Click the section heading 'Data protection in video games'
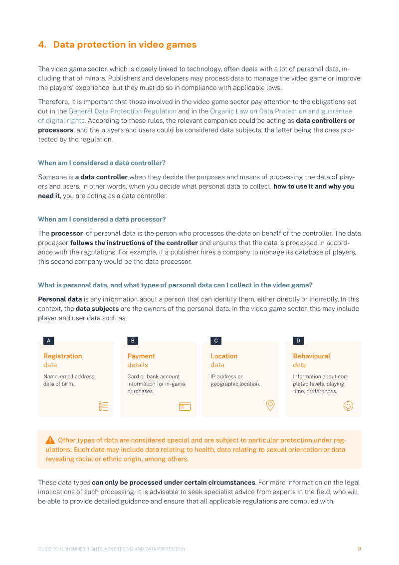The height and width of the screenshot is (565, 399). (125, 44)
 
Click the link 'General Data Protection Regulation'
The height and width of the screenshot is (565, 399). (122, 111)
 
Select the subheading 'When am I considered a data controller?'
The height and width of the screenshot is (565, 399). (102, 163)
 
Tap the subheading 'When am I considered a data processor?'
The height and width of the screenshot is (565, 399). (102, 219)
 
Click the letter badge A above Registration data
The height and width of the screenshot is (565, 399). (48, 341)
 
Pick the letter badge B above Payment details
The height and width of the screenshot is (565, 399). (133, 341)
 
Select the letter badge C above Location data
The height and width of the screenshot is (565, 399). (215, 341)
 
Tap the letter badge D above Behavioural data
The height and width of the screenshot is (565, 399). (298, 341)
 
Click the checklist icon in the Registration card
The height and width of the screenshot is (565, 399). (103, 406)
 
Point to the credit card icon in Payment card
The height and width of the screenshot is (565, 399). (185, 406)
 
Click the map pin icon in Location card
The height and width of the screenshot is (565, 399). (270, 405)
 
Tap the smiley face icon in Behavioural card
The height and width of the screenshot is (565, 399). (348, 406)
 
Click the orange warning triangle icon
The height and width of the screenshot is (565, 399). (50, 440)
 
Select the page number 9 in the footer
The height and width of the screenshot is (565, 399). (359, 549)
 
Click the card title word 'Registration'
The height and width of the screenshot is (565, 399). (62, 356)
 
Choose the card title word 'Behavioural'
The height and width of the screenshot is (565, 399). (311, 356)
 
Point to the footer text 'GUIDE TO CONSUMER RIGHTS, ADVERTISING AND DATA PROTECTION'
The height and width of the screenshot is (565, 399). (112, 549)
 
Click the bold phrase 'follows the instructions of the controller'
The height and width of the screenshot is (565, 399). (134, 243)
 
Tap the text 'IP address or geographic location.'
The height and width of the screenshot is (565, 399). (235, 380)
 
